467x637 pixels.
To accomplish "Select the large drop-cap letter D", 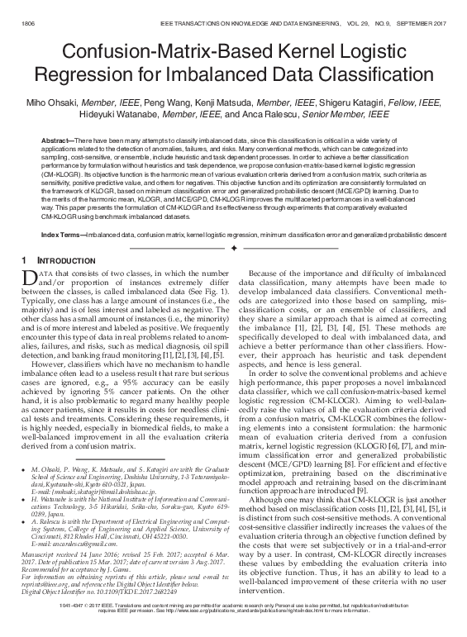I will tap(26, 278).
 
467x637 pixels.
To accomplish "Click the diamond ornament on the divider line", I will tap(234, 248).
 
